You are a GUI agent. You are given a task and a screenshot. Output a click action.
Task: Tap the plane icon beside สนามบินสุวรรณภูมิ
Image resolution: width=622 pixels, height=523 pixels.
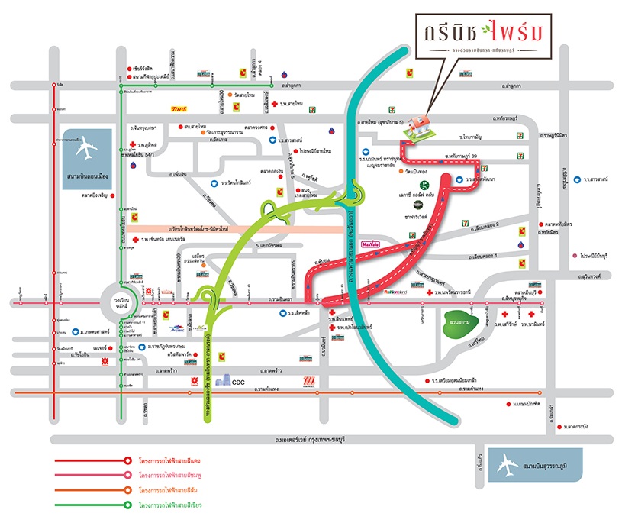click(x=505, y=463)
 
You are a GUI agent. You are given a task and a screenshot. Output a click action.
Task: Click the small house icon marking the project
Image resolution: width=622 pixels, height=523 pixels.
click(x=417, y=126)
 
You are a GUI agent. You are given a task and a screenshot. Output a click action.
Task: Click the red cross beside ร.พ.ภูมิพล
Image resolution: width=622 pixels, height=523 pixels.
click(x=133, y=144)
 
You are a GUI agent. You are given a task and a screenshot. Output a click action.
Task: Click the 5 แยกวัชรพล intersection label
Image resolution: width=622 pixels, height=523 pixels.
click(x=220, y=247)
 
